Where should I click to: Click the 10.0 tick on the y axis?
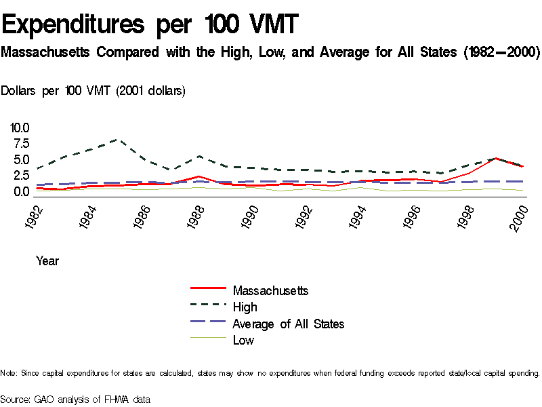click(20, 128)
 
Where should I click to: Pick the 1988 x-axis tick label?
click(196, 215)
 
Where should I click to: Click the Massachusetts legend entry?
click(270, 290)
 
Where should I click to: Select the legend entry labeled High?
click(245, 307)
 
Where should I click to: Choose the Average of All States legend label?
click(288, 324)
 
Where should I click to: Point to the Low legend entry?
click(243, 341)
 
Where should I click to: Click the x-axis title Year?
click(47, 260)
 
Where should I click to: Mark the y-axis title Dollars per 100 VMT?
click(93, 91)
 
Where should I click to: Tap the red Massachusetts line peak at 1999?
click(497, 158)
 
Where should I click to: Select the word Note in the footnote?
click(9, 373)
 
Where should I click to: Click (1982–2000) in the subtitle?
click(497, 52)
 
